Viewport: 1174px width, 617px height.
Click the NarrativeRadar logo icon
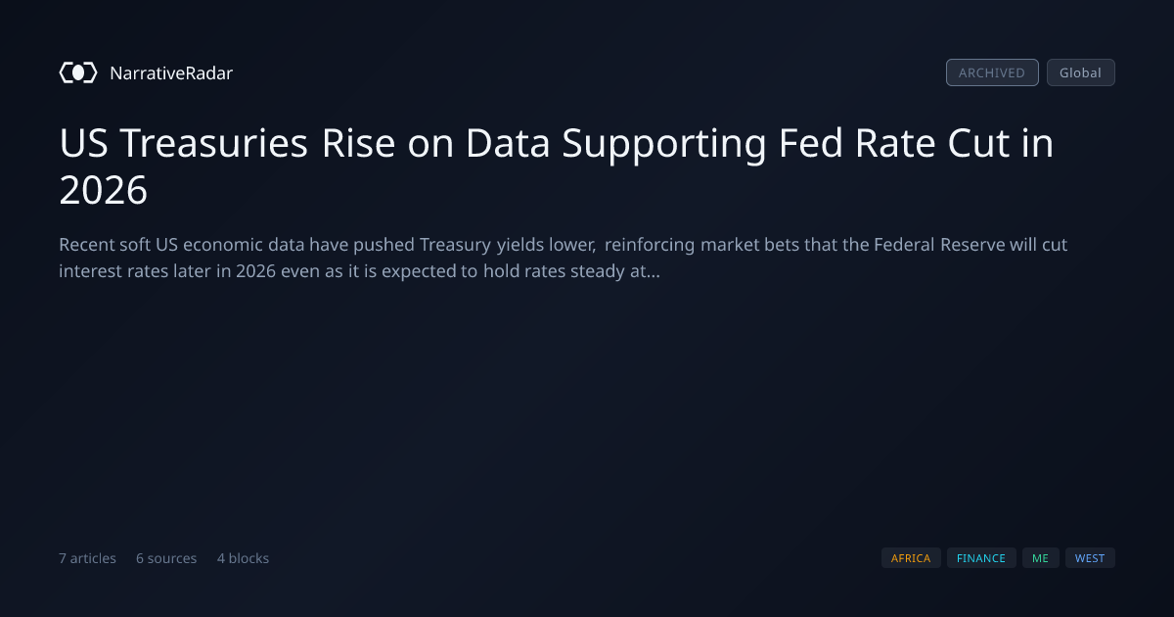pyautogui.click(x=78, y=72)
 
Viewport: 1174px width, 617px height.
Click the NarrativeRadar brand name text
pyautogui.click(x=171, y=72)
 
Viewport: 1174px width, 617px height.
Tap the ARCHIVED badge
pyautogui.click(x=992, y=72)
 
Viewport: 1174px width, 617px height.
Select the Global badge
pyautogui.click(x=1081, y=72)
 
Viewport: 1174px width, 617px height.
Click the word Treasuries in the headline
pyautogui.click(x=214, y=143)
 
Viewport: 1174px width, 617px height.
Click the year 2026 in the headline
pyautogui.click(x=104, y=190)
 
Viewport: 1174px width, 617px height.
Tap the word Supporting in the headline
pyautogui.click(x=664, y=144)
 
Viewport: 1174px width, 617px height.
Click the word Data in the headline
pyautogui.click(x=508, y=143)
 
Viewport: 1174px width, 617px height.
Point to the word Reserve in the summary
pyautogui.click(x=972, y=245)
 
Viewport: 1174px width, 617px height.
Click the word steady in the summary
pyautogui.click(x=595, y=272)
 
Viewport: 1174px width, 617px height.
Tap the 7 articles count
pyautogui.click(x=87, y=558)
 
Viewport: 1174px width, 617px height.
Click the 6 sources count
pyautogui.click(x=166, y=558)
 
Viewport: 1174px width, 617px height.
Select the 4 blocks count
pyautogui.click(x=244, y=558)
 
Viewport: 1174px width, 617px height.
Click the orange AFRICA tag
pyautogui.click(x=911, y=557)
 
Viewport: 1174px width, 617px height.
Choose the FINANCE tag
pyautogui.click(x=981, y=557)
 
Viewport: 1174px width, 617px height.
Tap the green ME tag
pyautogui.click(x=1040, y=557)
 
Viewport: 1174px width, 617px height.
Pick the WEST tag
pyautogui.click(x=1090, y=557)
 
